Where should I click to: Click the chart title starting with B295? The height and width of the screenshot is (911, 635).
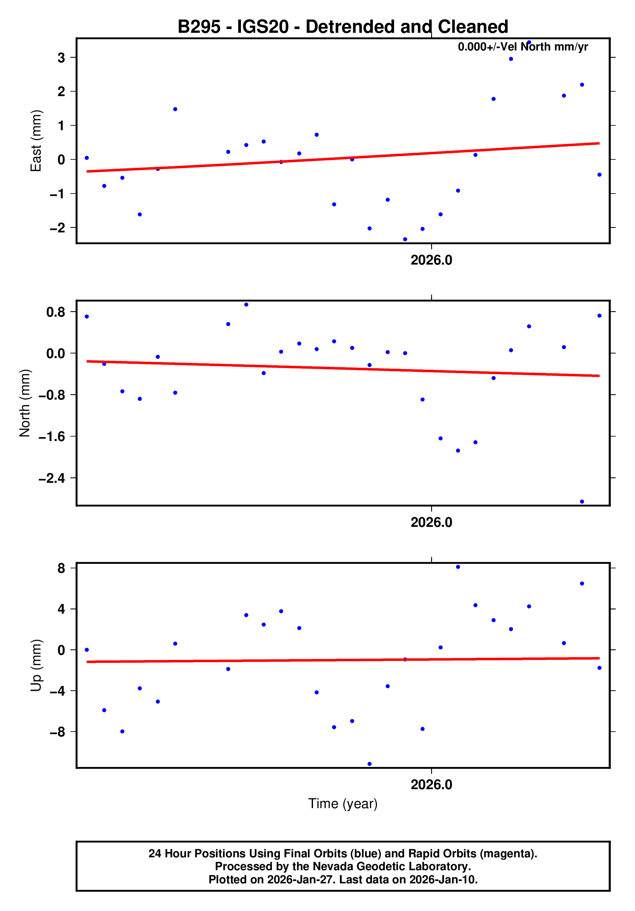342,27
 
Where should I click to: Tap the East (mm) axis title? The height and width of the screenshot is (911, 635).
36,141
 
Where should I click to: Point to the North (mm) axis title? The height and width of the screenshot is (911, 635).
25,403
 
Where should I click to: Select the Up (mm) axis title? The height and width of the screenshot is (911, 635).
36,665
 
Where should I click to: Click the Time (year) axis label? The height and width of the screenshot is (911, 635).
342,803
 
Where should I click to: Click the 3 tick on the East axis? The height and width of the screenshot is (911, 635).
61,58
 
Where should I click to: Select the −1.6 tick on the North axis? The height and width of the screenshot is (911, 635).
51,437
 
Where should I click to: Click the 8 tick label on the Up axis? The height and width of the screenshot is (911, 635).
61,568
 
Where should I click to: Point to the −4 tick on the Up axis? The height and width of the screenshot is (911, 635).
57,691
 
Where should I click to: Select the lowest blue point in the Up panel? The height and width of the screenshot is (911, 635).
369,764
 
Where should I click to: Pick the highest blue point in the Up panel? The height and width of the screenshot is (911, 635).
457,567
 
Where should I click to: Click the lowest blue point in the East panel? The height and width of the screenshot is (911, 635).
405,239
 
